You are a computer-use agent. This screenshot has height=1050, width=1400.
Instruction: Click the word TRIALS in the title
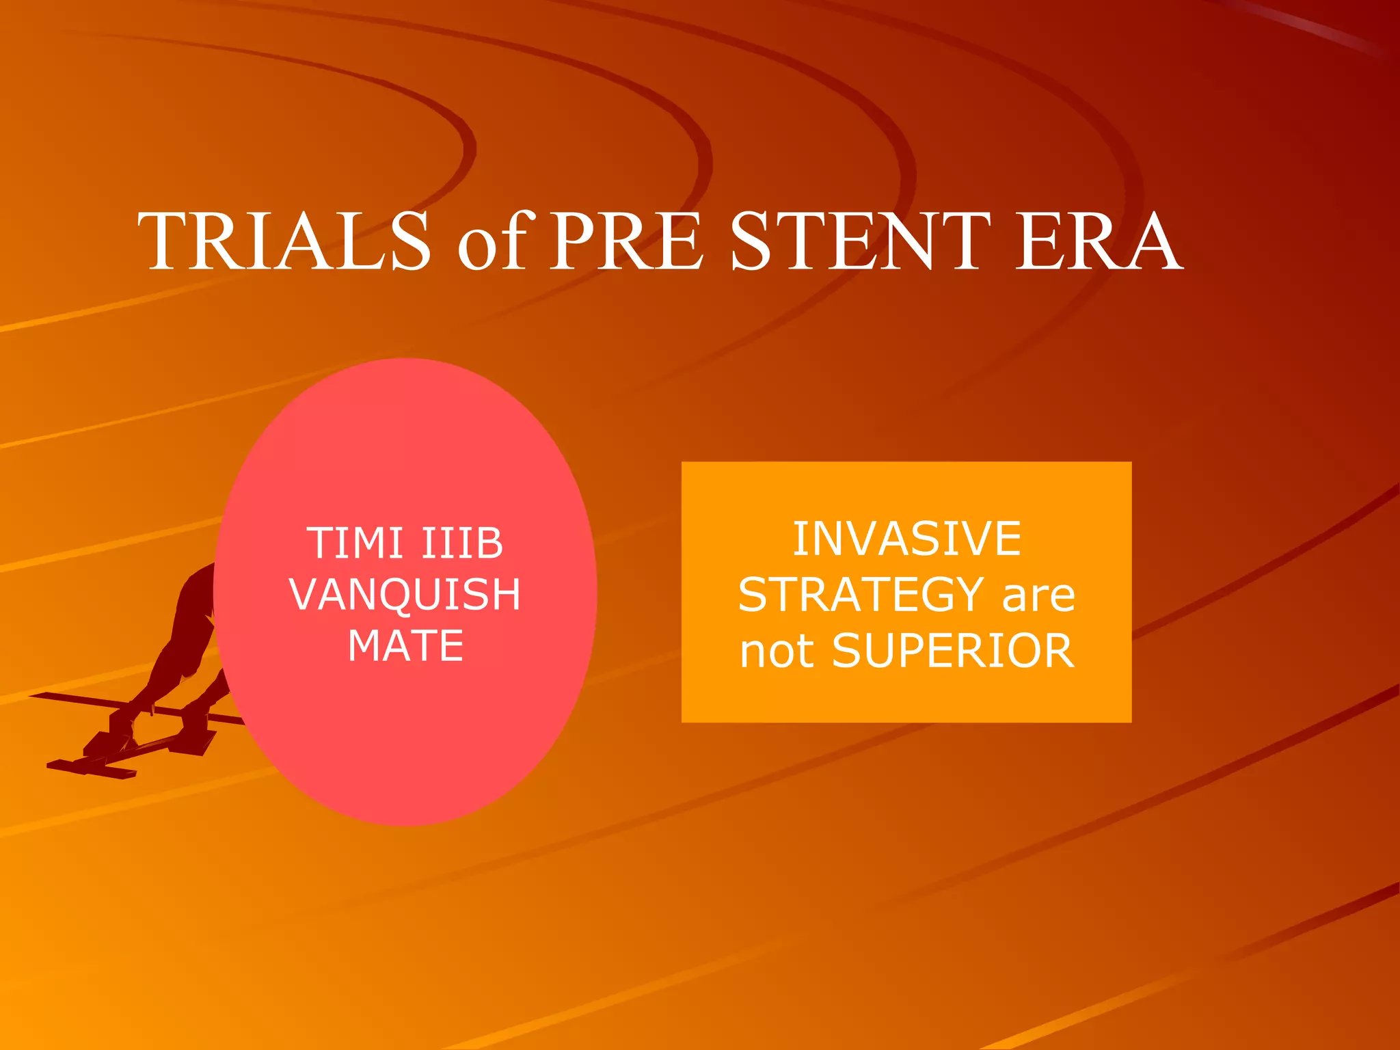pos(284,241)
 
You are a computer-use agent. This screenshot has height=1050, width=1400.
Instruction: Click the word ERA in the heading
pos(1098,241)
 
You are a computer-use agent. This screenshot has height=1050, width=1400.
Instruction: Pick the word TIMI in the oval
pos(354,543)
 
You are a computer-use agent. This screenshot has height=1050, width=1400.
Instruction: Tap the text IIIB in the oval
pos(462,543)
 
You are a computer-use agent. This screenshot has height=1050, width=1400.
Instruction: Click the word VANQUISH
pos(405,594)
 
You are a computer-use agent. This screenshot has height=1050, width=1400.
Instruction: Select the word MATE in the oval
pos(405,645)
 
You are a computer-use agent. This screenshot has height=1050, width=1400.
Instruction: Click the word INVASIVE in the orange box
pos(906,539)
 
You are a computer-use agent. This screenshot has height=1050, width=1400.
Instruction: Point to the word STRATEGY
pos(860,595)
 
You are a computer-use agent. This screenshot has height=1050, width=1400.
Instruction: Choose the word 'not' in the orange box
pos(777,651)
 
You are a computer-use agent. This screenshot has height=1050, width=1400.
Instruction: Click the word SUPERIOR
pos(953,651)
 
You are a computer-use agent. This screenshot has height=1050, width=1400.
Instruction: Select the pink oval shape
pos(405,752)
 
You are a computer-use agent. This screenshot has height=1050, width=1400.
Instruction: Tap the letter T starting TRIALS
pos(164,241)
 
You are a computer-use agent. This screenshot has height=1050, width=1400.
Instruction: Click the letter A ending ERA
pos(1155,241)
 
